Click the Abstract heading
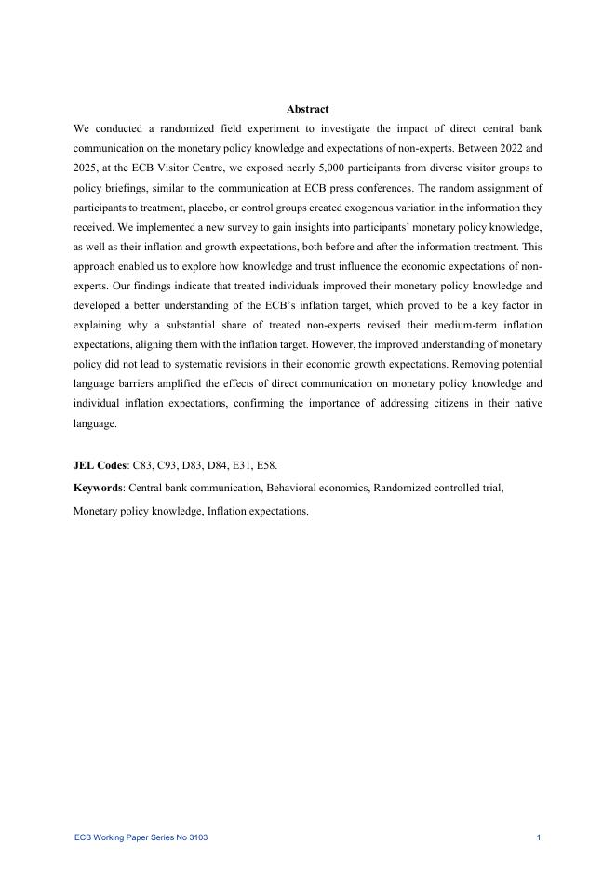307,110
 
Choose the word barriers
137,389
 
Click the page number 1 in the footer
539,838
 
